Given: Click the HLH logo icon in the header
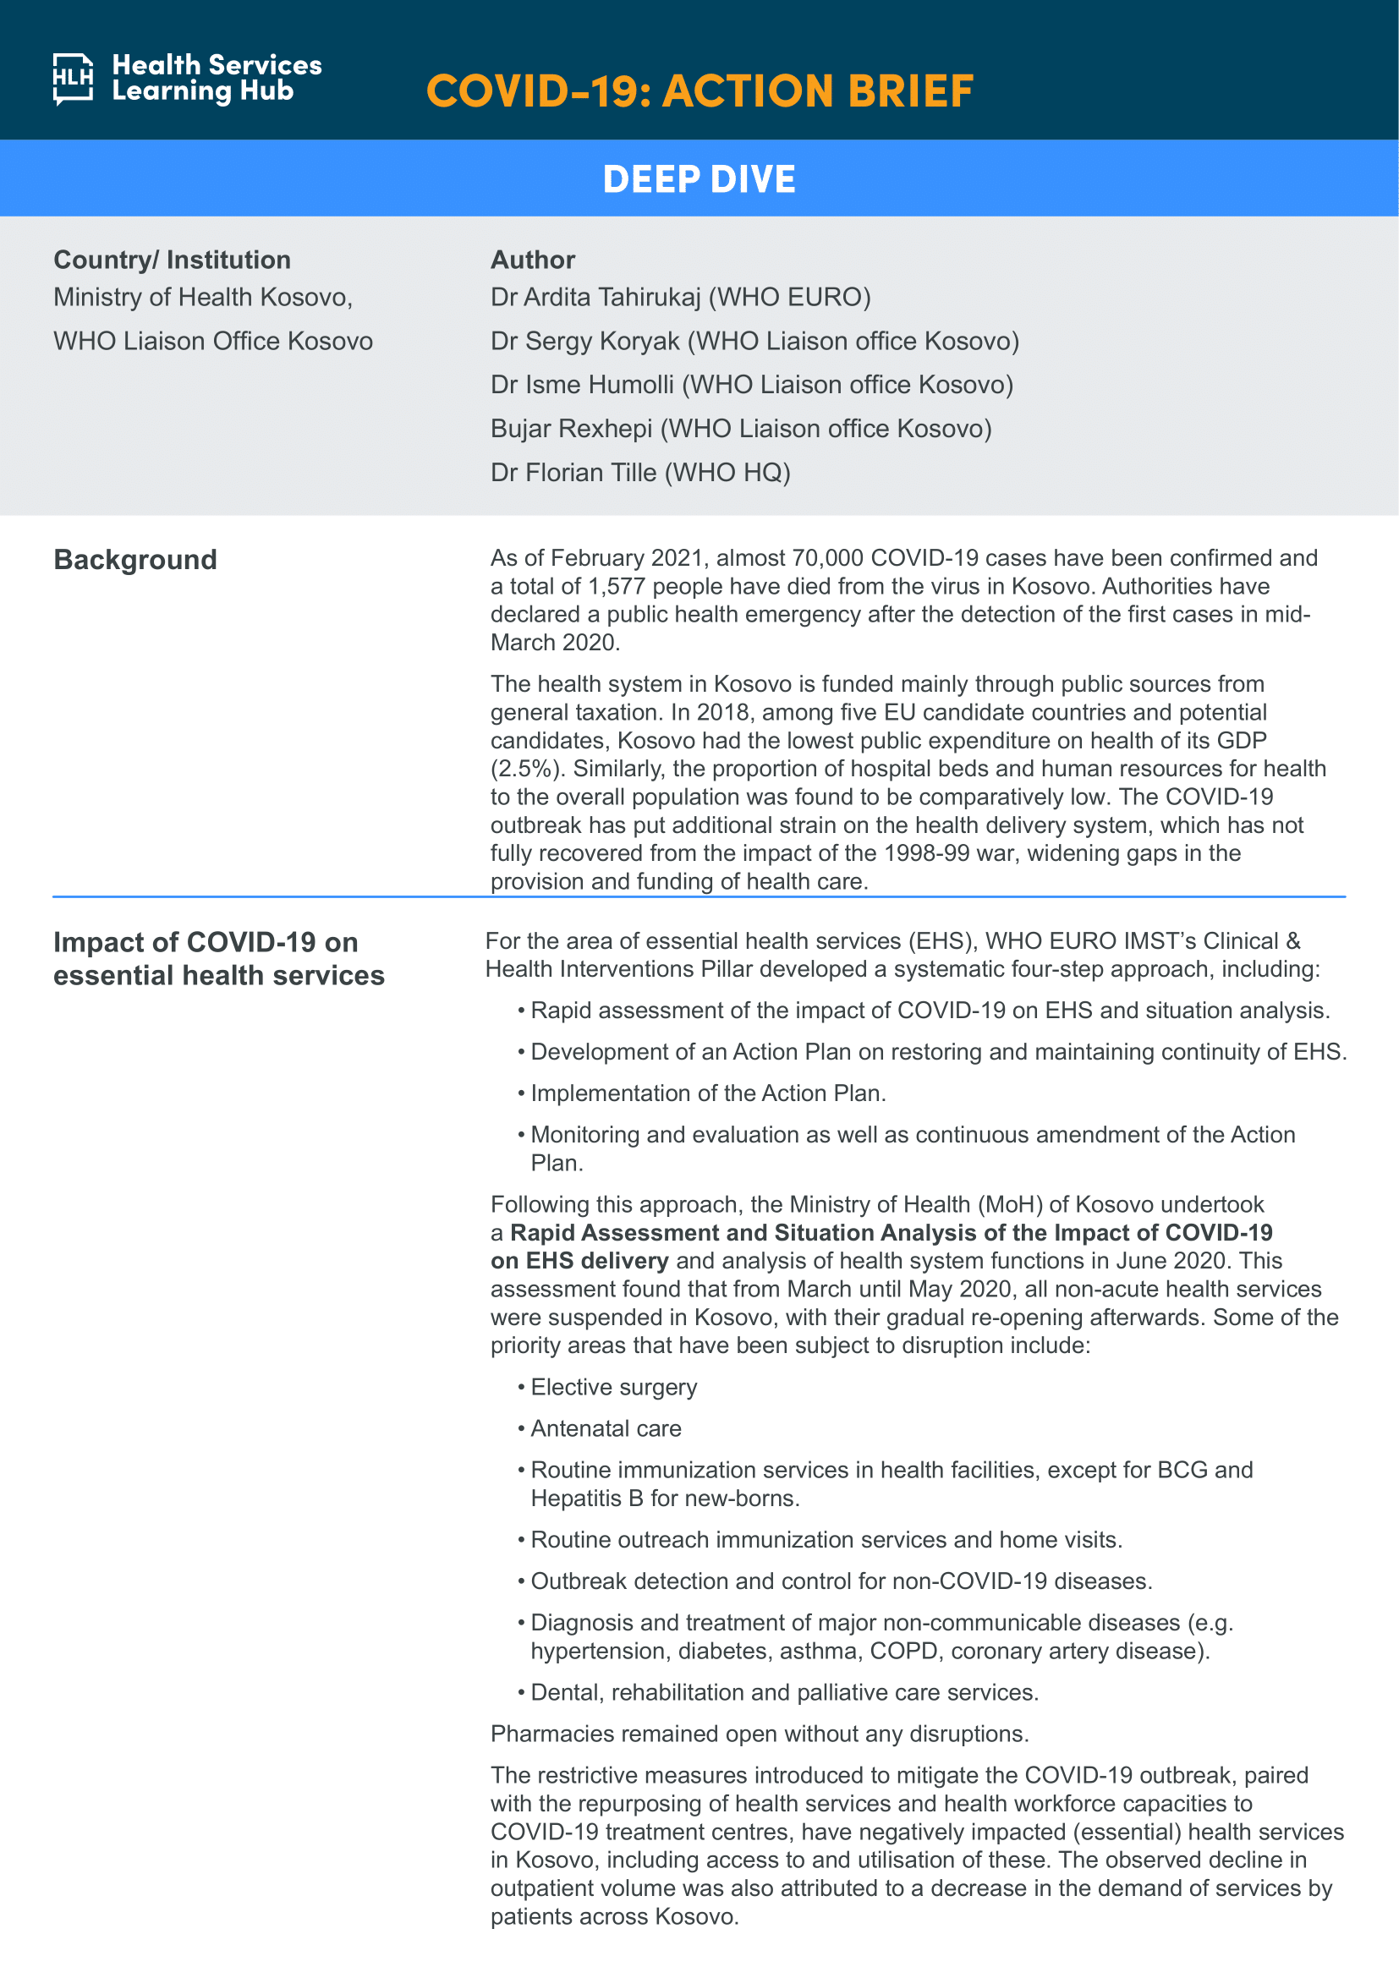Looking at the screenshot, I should point(74,79).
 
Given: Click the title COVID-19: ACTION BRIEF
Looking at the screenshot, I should point(699,91).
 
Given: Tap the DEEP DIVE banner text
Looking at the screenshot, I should point(699,179).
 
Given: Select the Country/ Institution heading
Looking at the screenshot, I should point(173,260).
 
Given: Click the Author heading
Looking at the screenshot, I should point(532,260).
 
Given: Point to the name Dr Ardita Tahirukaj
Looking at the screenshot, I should point(596,297).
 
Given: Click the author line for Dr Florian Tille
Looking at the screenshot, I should point(640,472).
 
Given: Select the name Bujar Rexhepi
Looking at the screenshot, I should point(571,428).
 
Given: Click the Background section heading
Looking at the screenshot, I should point(135,560).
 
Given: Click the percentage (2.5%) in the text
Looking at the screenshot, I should point(527,769).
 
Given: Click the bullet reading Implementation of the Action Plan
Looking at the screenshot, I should point(708,1093).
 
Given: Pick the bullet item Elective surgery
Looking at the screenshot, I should point(613,1387).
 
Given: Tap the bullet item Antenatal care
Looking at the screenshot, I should point(606,1428).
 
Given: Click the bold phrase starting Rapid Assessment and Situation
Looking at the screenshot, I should point(891,1233).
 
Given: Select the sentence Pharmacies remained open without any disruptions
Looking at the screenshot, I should point(760,1734).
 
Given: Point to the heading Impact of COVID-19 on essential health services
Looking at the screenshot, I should point(219,959).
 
